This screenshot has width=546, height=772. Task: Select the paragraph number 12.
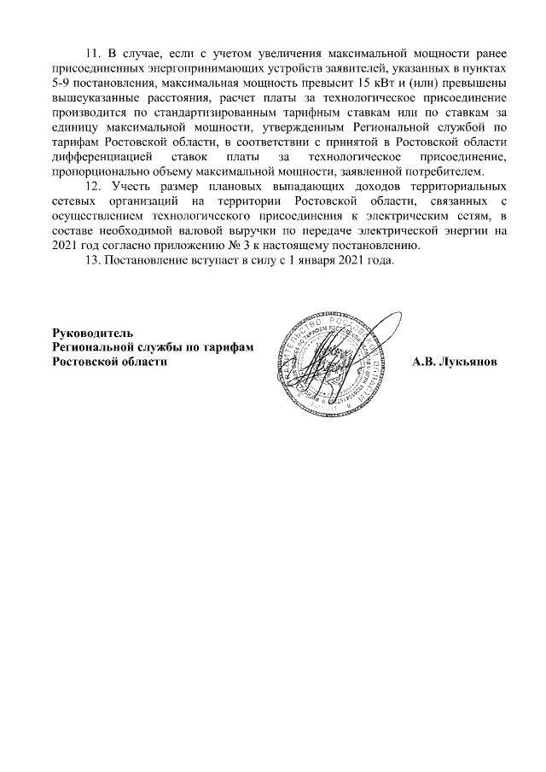coord(95,185)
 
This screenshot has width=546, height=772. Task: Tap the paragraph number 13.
coord(95,260)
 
